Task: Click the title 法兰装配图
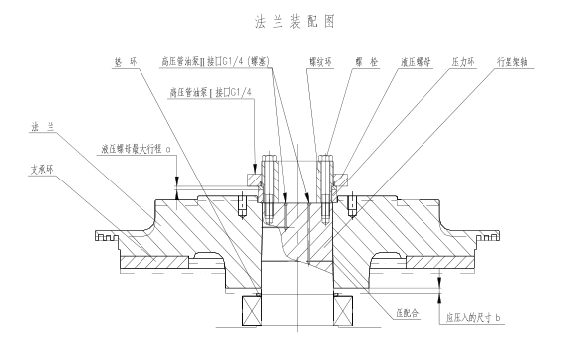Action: click(295, 21)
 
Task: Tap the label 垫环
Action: click(126, 62)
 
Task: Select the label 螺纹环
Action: click(320, 62)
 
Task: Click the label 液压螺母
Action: click(416, 62)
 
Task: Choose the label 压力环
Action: click(463, 62)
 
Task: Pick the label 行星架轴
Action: click(512, 62)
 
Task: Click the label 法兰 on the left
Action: click(43, 127)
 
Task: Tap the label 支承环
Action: click(42, 170)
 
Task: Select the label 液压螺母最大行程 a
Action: click(137, 149)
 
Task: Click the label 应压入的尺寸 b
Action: click(473, 318)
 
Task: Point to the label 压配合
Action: click(408, 313)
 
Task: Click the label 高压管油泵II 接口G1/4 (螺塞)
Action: click(215, 61)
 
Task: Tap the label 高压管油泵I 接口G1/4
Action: click(210, 92)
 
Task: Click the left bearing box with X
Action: click(252, 311)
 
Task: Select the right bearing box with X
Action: click(343, 311)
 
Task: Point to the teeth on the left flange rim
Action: click(107, 236)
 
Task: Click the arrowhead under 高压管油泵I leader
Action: click(255, 169)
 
